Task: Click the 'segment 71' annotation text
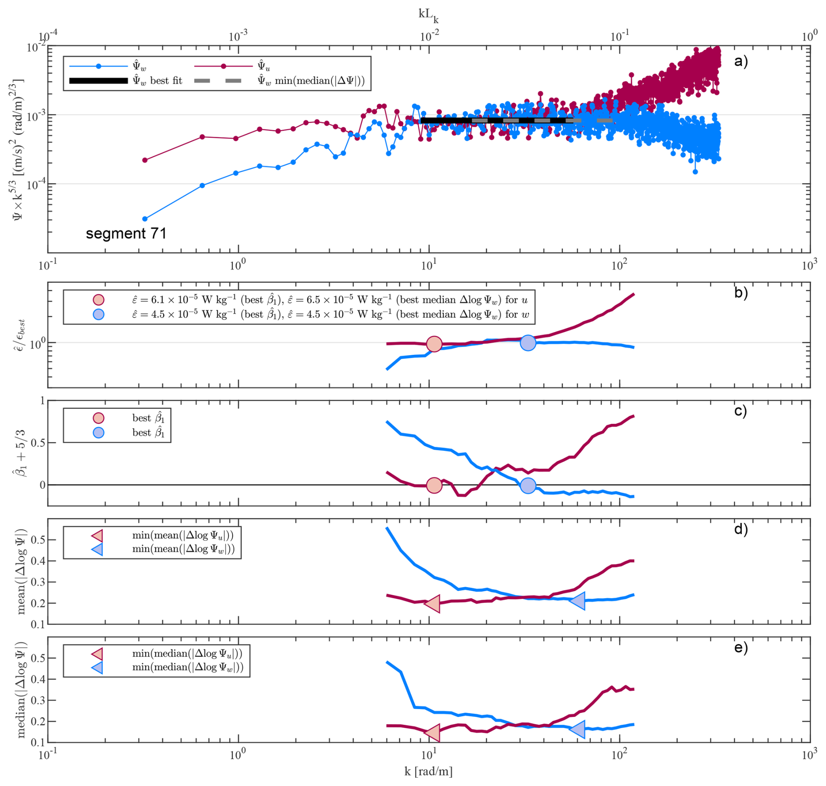click(126, 234)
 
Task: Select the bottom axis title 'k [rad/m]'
click(428, 771)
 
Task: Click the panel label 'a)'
click(741, 61)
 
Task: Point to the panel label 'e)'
click(741, 647)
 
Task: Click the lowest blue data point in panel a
click(145, 219)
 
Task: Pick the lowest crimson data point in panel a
click(145, 160)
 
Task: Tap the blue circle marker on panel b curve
click(528, 343)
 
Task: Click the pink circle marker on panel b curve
click(434, 344)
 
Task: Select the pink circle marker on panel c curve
click(434, 485)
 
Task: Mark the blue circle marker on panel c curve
click(528, 485)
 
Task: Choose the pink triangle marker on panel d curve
click(433, 604)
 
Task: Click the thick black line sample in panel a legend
click(99, 81)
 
